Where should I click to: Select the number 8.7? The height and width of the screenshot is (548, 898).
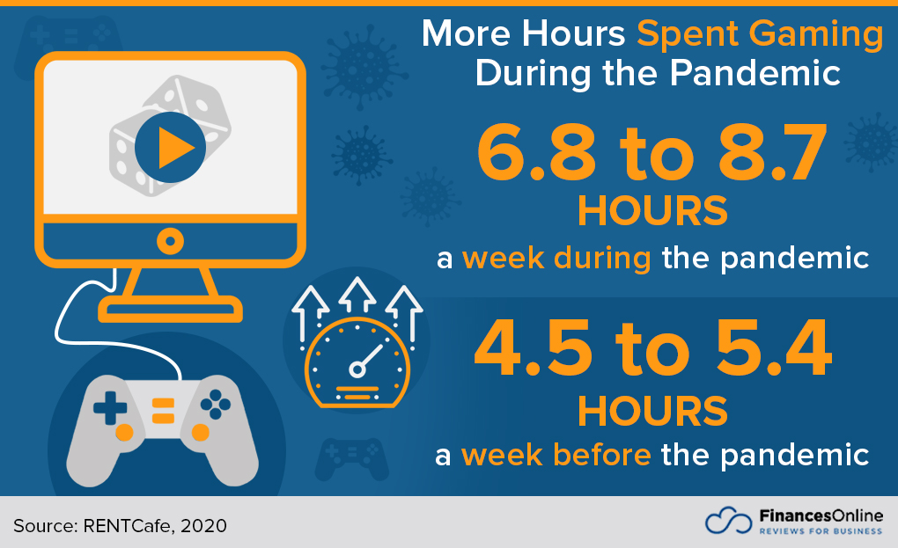point(773,153)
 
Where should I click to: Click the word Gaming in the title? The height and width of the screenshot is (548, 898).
point(817,34)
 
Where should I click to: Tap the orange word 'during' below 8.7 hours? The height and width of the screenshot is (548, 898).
point(602,258)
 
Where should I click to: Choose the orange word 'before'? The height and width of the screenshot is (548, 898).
point(602,455)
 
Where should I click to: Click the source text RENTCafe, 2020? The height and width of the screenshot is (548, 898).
point(155,526)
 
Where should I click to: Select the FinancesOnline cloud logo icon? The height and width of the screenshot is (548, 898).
point(728,521)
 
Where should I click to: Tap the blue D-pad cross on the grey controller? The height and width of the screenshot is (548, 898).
point(110,408)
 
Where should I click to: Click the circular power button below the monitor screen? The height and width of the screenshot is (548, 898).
point(170,241)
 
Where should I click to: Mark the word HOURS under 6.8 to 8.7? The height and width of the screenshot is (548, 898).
point(652,211)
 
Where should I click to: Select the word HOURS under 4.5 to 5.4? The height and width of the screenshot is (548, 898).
point(652,412)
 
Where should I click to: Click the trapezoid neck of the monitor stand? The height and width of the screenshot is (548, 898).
point(170,282)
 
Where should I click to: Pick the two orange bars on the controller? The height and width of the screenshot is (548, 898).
point(163,411)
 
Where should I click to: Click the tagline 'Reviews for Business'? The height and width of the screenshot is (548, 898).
point(821,531)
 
